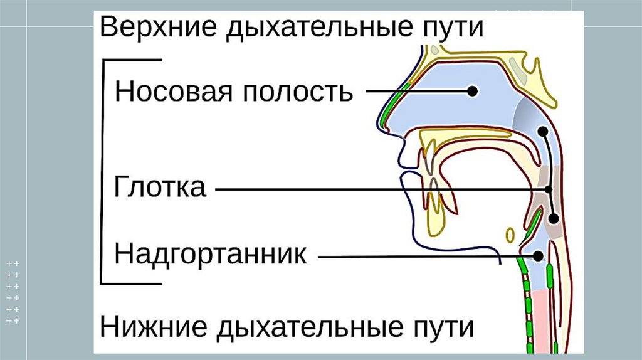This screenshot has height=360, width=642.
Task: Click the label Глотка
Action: point(160,188)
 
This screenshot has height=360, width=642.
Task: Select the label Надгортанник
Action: point(211,255)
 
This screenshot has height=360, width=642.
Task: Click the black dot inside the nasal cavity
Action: point(472,92)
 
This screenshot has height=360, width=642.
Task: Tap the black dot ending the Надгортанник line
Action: point(539,256)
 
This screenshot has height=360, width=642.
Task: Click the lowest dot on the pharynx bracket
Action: point(554,218)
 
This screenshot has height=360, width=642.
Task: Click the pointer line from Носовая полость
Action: point(417,92)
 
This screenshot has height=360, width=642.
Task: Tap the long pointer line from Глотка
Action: point(376,189)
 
